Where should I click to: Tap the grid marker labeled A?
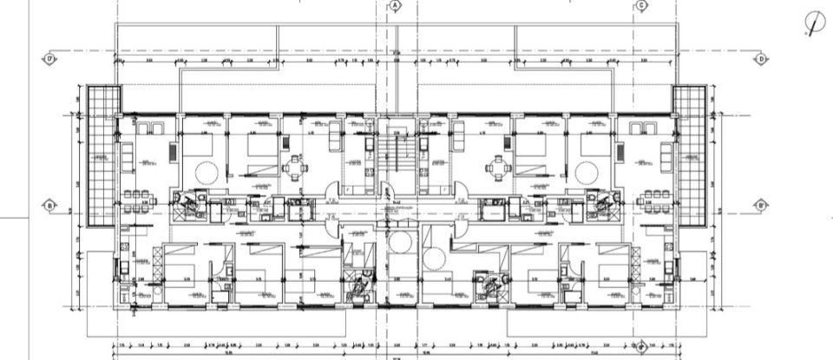tap(396, 5)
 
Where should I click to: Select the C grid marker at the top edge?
tap(641, 5)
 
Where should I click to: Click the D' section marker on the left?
tap(49, 60)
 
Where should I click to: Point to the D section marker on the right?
tap(760, 60)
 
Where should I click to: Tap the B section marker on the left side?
tap(49, 206)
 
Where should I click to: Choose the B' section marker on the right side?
tap(760, 206)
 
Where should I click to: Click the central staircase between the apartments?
tap(400, 160)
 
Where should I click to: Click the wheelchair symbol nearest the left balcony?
tap(185, 203)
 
